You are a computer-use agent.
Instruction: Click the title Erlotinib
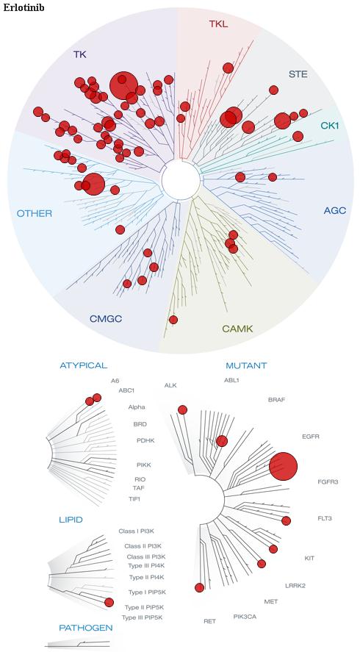[24, 7]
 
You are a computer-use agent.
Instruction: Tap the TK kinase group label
[80, 54]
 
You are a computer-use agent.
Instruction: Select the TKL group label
[218, 24]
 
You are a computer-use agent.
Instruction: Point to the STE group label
[298, 74]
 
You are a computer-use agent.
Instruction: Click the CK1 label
[330, 125]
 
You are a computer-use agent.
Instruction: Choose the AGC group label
[334, 210]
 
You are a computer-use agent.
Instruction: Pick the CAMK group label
[237, 329]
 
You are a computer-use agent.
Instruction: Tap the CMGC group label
[106, 319]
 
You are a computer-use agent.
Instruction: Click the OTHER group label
[35, 214]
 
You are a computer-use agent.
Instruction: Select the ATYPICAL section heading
[84, 365]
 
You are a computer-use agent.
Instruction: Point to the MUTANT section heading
[246, 366]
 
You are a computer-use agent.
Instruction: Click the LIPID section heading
[71, 520]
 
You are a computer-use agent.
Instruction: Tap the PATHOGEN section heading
[86, 628]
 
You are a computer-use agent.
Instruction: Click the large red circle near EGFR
[283, 466]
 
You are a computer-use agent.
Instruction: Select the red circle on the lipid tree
[109, 602]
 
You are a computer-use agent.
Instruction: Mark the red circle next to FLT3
[286, 520]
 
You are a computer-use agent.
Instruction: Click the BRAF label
[277, 400]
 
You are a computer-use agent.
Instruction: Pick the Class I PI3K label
[137, 531]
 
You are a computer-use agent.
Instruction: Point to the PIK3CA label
[245, 616]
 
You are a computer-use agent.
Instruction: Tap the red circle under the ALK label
[182, 409]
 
